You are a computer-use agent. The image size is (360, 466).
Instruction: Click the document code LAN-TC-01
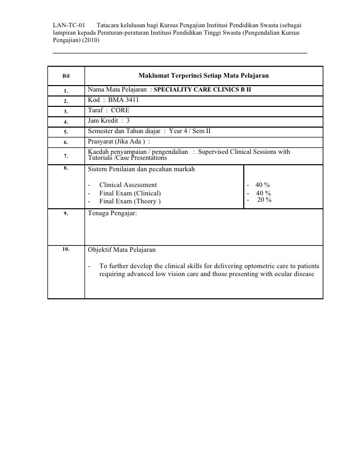(69, 24)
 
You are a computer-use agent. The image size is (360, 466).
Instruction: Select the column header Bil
(66, 76)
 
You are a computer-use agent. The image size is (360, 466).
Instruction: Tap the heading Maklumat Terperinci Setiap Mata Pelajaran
(203, 76)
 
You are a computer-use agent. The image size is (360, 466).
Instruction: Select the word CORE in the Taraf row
(120, 110)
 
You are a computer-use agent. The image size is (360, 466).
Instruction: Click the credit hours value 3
(128, 120)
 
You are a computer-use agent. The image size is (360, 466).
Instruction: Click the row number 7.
(66, 156)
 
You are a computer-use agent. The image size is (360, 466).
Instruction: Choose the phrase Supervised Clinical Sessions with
(244, 151)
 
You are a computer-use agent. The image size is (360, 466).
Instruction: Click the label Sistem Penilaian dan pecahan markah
(141, 169)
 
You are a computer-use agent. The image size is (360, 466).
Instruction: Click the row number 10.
(66, 249)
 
